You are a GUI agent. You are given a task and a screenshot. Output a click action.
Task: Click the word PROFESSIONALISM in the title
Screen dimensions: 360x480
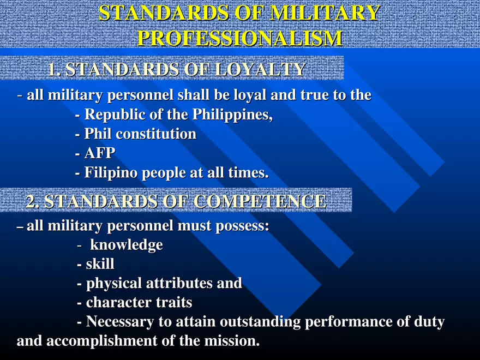[x=240, y=38]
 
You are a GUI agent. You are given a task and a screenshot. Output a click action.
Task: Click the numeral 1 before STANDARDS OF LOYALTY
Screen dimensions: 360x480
[x=52, y=70]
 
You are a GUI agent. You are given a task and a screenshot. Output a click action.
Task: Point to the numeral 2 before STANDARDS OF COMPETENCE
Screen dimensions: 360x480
[x=32, y=201]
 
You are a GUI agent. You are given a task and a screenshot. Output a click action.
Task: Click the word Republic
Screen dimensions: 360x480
[x=112, y=115]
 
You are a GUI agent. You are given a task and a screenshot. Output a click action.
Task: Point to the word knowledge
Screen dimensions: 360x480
[x=126, y=245]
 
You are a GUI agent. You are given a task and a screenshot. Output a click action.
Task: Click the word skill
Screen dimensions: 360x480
[x=100, y=265]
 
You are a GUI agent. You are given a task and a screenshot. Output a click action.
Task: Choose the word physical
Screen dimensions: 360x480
[x=113, y=284]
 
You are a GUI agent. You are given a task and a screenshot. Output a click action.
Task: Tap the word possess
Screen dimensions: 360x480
[x=240, y=226]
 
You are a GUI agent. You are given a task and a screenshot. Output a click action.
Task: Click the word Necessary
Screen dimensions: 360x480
[x=119, y=322]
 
